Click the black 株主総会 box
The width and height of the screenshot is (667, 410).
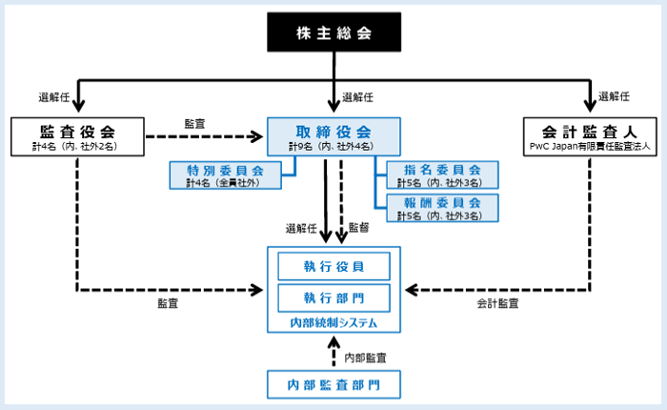(x=333, y=32)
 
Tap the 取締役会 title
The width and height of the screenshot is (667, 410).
(x=333, y=131)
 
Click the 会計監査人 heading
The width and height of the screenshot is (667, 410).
(x=587, y=129)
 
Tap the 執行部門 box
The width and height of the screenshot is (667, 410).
(x=333, y=298)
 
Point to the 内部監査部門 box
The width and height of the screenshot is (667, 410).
(x=333, y=385)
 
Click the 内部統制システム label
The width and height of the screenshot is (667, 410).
(x=333, y=324)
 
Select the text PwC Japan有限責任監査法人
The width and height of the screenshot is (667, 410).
(x=587, y=147)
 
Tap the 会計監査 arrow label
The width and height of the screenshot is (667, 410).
(x=498, y=303)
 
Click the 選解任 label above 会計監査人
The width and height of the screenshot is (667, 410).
(x=615, y=97)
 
